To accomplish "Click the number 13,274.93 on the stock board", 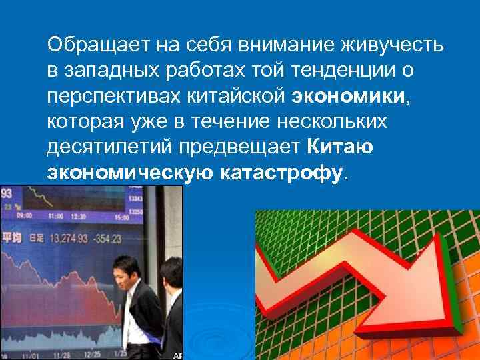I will [x=72, y=239].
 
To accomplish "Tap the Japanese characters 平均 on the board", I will [x=12, y=239].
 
